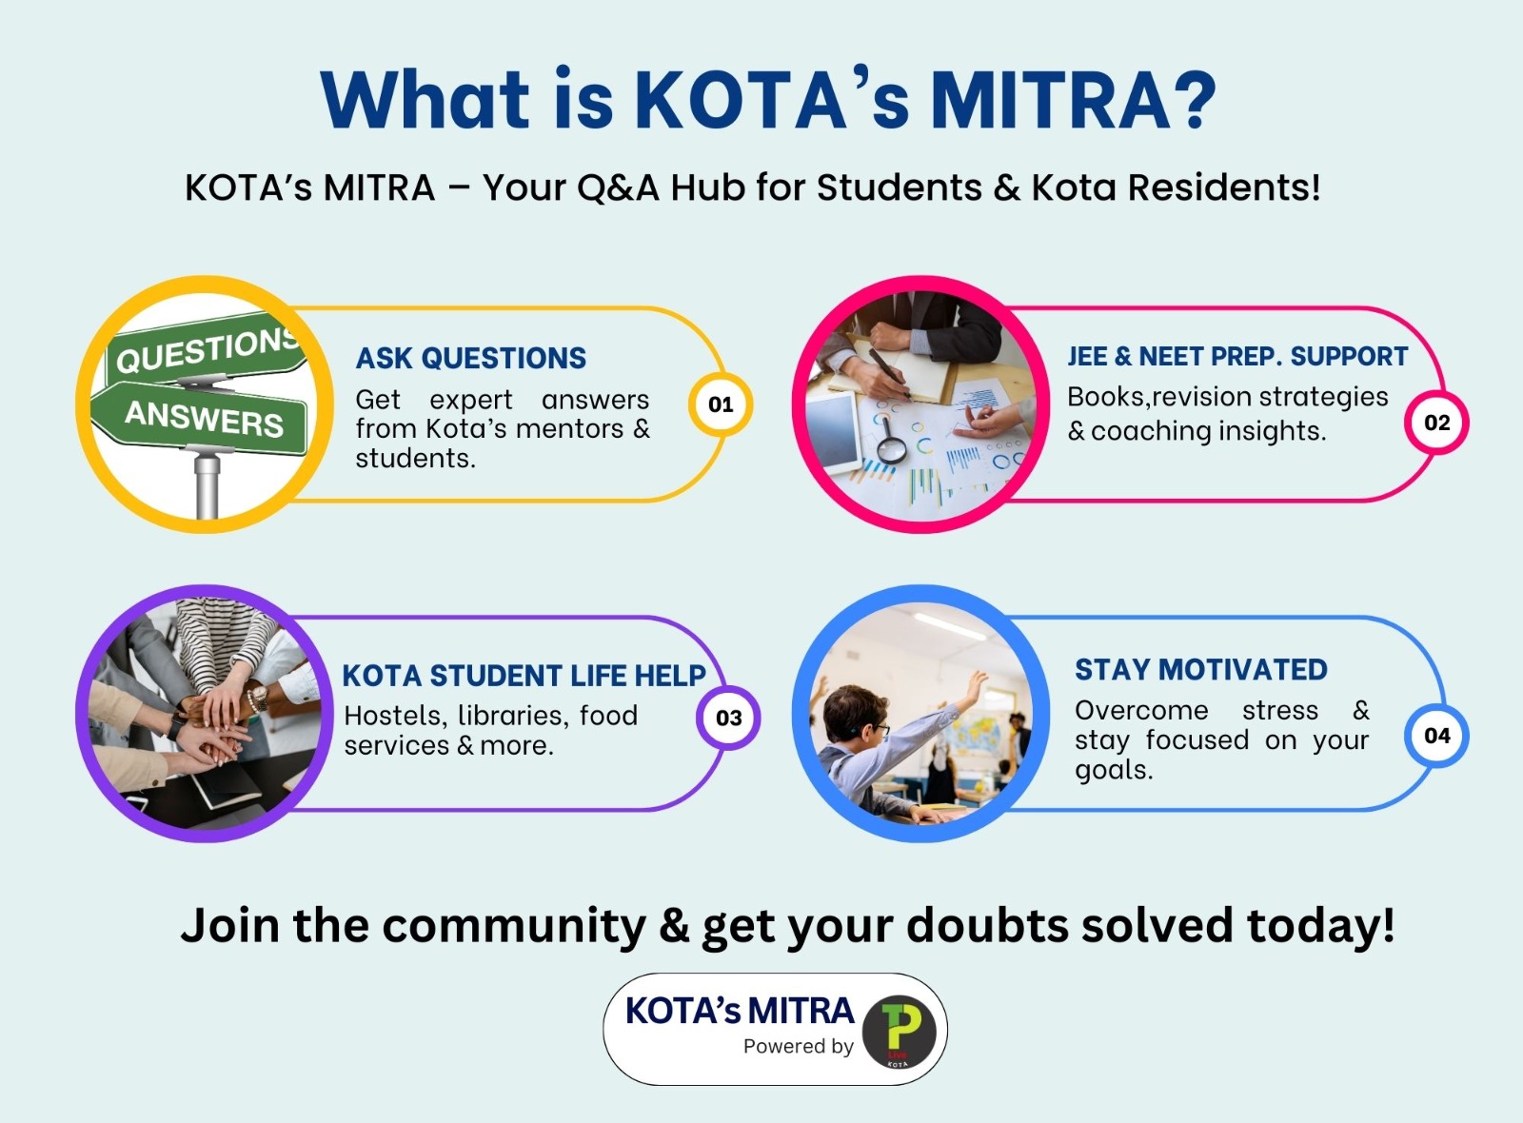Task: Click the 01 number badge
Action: coord(721,404)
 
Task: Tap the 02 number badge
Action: coord(1436,423)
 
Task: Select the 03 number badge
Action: coord(728,718)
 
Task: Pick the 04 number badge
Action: coord(1436,736)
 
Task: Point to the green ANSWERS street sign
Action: coord(201,416)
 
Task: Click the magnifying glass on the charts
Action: coord(889,443)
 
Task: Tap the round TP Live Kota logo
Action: coord(900,1032)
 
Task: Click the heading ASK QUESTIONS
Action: coord(470,358)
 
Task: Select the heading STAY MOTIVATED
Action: coord(1200,670)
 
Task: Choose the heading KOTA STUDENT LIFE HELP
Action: coord(524,676)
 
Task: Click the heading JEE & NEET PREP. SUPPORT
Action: coord(1237,356)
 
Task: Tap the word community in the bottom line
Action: coord(513,927)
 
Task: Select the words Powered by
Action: coord(799,1047)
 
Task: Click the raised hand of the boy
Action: coord(977,682)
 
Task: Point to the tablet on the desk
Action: coord(834,432)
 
